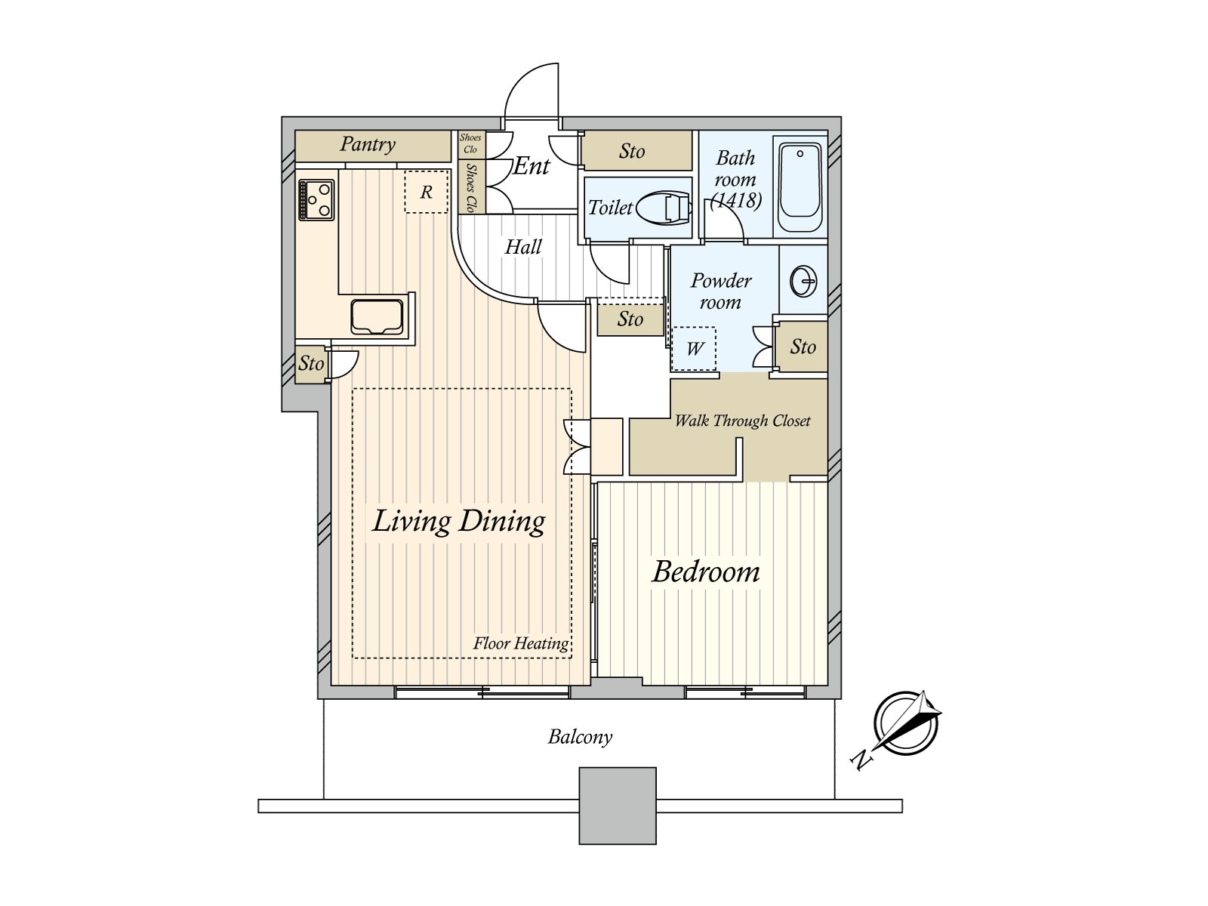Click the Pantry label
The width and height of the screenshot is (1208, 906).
(x=368, y=143)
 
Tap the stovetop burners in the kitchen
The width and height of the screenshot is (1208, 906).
(x=316, y=199)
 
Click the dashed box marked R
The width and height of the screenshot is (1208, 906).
(x=427, y=192)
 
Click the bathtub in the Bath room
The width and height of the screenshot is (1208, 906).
(x=800, y=186)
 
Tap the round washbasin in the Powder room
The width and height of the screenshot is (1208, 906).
(x=803, y=282)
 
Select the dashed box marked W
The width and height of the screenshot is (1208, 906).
(x=694, y=348)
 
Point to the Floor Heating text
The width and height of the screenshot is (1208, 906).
(x=521, y=643)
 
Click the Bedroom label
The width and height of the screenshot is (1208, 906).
(x=706, y=572)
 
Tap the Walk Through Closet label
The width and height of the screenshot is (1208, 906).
(x=742, y=421)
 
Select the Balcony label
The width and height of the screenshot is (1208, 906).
(x=580, y=737)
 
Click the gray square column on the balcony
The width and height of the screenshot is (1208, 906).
(x=618, y=806)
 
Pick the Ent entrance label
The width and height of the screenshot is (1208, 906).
(x=532, y=166)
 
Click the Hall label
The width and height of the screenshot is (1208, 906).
(x=523, y=247)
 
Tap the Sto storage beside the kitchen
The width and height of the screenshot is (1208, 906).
(x=311, y=364)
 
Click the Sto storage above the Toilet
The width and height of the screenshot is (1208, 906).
(x=633, y=151)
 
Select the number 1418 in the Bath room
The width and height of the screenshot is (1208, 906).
(x=736, y=200)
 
